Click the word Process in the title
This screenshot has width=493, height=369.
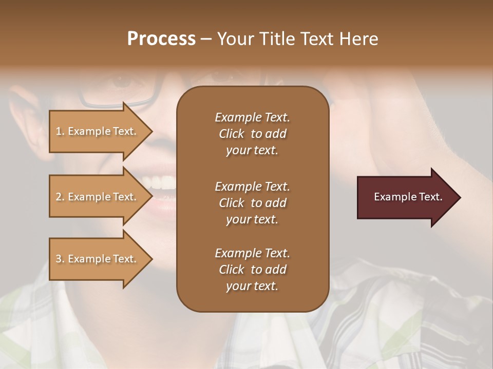(x=161, y=39)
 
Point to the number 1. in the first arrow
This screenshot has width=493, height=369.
(x=60, y=131)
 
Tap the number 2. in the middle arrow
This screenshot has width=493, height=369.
(x=60, y=197)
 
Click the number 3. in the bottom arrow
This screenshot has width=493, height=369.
(x=60, y=259)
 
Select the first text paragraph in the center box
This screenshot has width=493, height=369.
(x=252, y=134)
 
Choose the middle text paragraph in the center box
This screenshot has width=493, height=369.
(x=252, y=203)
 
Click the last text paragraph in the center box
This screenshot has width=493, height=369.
(x=252, y=270)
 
